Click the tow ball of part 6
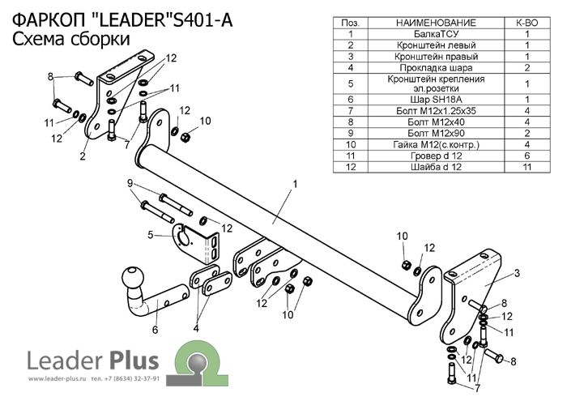tap(131, 280)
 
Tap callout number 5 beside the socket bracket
tap(151, 235)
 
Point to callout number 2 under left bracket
tap(83, 157)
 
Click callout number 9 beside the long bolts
tap(130, 183)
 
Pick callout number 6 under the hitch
tap(155, 329)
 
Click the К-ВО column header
tap(526, 23)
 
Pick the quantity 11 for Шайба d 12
tap(526, 167)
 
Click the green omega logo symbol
tap(194, 358)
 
